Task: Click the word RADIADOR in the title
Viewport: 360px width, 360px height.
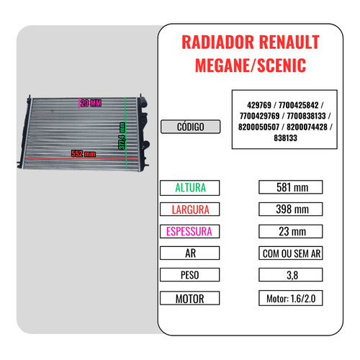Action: click(217, 42)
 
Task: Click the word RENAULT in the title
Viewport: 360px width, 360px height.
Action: click(289, 42)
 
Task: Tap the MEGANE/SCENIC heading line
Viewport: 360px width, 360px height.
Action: click(251, 66)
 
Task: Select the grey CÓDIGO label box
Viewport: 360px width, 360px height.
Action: click(190, 127)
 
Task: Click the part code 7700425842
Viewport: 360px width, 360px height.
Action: click(298, 105)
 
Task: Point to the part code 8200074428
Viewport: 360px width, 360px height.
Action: click(307, 127)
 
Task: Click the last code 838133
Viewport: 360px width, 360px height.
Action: click(285, 138)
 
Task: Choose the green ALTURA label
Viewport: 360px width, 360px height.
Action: click(190, 188)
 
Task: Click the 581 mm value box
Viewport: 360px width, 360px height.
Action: click(291, 187)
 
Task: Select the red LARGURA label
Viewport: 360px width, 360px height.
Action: click(190, 210)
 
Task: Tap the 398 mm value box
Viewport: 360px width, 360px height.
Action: click(291, 210)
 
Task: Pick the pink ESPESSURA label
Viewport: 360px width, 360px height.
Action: click(189, 231)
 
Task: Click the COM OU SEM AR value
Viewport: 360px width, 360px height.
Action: click(291, 253)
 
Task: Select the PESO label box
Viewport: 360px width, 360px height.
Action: click(189, 275)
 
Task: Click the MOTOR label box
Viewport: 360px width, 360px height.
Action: click(189, 298)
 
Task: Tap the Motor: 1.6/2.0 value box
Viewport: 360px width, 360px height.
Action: click(291, 298)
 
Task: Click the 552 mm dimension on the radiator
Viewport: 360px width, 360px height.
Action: click(84, 153)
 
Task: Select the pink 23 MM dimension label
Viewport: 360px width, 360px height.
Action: click(91, 103)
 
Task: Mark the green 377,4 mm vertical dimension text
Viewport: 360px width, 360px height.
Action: click(122, 136)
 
